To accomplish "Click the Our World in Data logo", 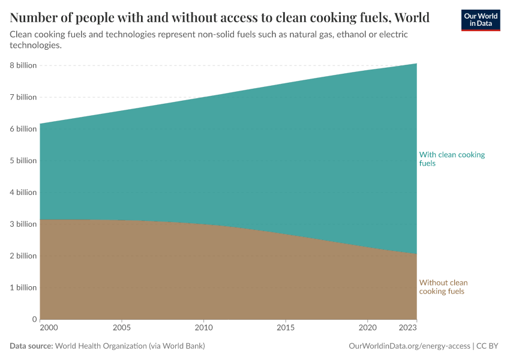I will click(480, 20).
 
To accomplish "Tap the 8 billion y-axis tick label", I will click(22, 65).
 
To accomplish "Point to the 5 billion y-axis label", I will click(22, 161).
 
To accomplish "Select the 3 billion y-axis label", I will click(22, 224).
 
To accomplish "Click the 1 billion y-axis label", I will click(22, 287).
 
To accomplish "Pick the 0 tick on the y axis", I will click(34, 319).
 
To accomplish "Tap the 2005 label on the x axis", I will click(122, 329).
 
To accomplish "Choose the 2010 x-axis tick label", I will click(204, 329).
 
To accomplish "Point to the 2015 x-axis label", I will click(286, 329).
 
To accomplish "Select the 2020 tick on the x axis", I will click(367, 329).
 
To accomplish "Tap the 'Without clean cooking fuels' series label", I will click(443, 287).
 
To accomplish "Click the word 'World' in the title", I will click(411, 17).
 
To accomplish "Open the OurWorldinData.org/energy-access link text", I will click(409, 346).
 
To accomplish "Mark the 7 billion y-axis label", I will click(22, 97).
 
